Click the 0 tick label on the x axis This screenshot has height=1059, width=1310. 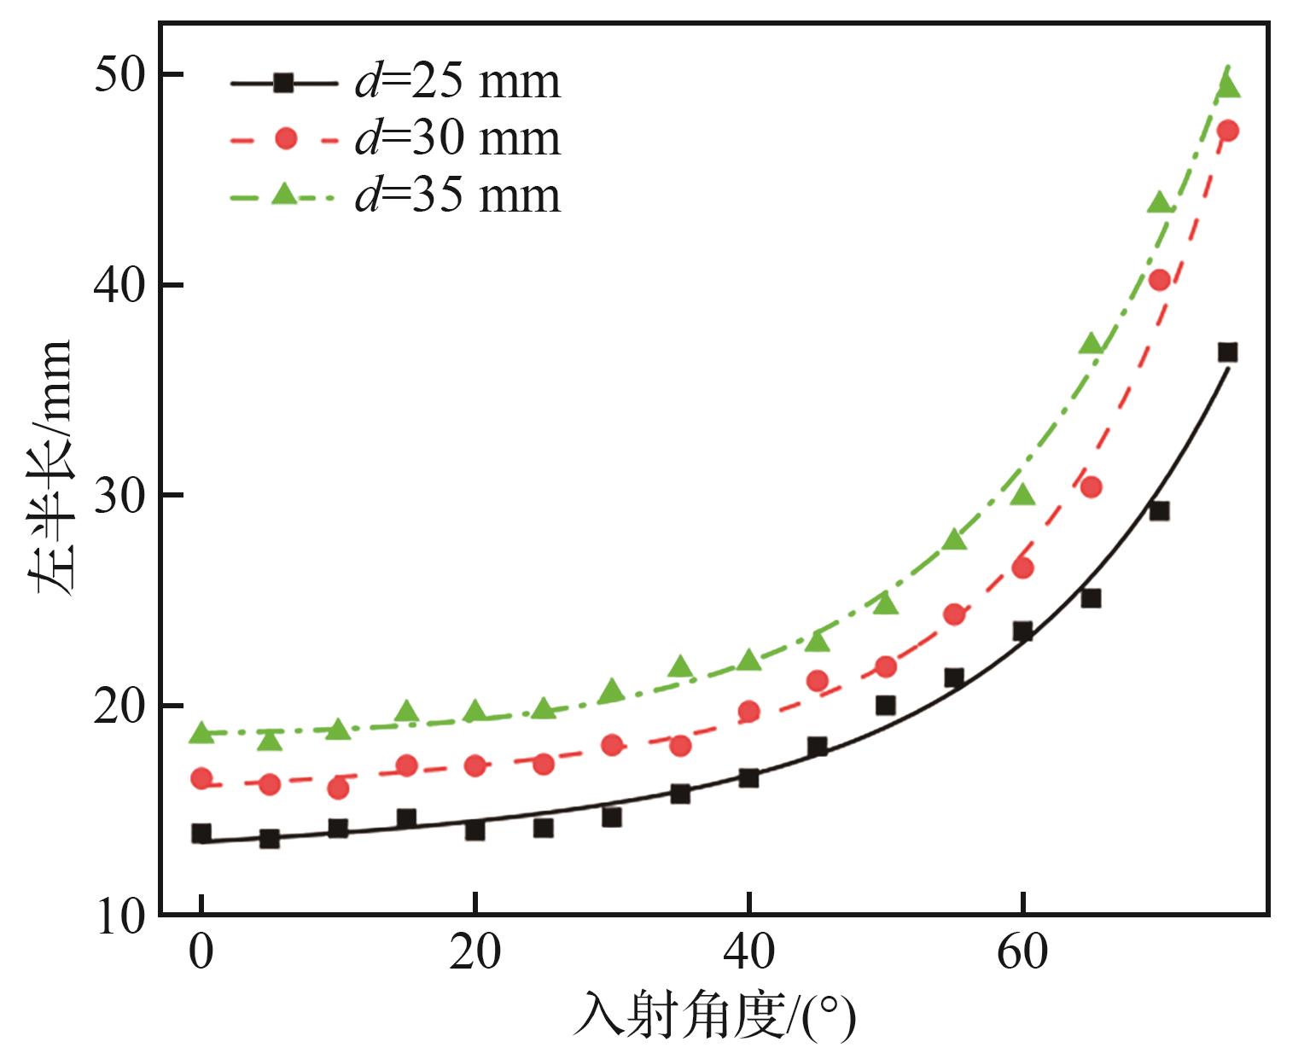201,952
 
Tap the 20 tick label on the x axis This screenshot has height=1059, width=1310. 475,952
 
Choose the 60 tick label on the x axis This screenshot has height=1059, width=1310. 1022,952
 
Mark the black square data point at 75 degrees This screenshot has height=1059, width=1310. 1227,352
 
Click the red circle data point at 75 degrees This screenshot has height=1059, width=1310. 1227,131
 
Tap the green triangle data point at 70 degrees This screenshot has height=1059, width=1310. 1159,203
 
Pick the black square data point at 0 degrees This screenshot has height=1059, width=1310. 201,834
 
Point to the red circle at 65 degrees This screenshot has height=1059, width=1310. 1091,487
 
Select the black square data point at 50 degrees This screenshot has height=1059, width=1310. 886,706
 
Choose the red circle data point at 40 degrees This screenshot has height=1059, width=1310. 748,712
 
